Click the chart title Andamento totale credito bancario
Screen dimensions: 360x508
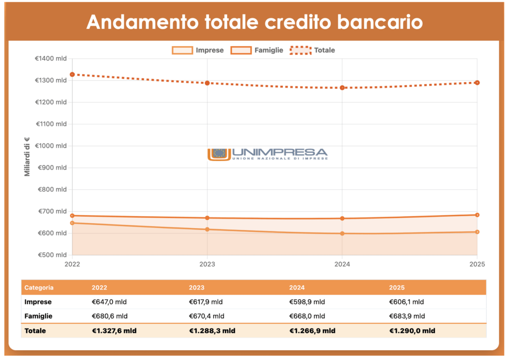(x=254, y=22)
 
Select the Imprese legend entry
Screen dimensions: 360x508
(x=198, y=50)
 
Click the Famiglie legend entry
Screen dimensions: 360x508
(x=257, y=50)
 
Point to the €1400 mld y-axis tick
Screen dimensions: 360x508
(x=51, y=59)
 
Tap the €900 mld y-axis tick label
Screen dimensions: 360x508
(x=53, y=168)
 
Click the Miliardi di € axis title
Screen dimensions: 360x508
(x=27, y=157)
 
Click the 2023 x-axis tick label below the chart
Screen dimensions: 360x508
(x=207, y=264)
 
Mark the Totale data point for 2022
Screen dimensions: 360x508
(x=72, y=74)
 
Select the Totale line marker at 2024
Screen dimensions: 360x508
(x=342, y=88)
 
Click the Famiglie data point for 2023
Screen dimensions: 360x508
(x=207, y=218)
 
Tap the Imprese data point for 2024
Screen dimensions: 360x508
(x=342, y=234)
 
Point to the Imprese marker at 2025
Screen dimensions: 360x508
(x=477, y=232)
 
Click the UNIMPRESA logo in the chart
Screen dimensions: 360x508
(x=267, y=154)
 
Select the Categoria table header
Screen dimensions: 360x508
(x=39, y=288)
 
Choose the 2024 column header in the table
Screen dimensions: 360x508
(x=297, y=288)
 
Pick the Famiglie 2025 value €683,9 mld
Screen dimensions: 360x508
(x=407, y=316)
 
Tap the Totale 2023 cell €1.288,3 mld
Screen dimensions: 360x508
(x=212, y=331)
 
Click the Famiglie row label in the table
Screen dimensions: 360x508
(x=39, y=316)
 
